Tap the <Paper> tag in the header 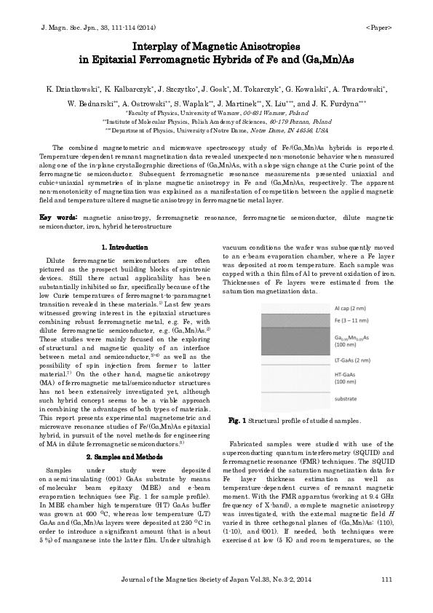tap(379, 26)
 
